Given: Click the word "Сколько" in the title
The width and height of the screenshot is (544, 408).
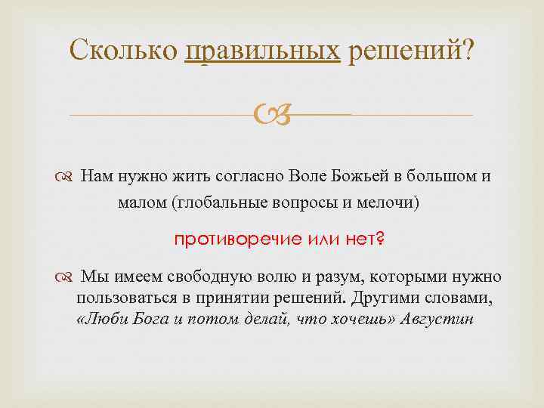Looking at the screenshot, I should click(x=123, y=51).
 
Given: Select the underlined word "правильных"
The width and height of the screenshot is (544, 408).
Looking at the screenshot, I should click(x=262, y=51).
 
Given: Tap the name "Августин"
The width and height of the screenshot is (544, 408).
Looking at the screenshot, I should click(x=440, y=319).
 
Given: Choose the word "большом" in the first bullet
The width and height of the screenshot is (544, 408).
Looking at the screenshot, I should click(x=442, y=177).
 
